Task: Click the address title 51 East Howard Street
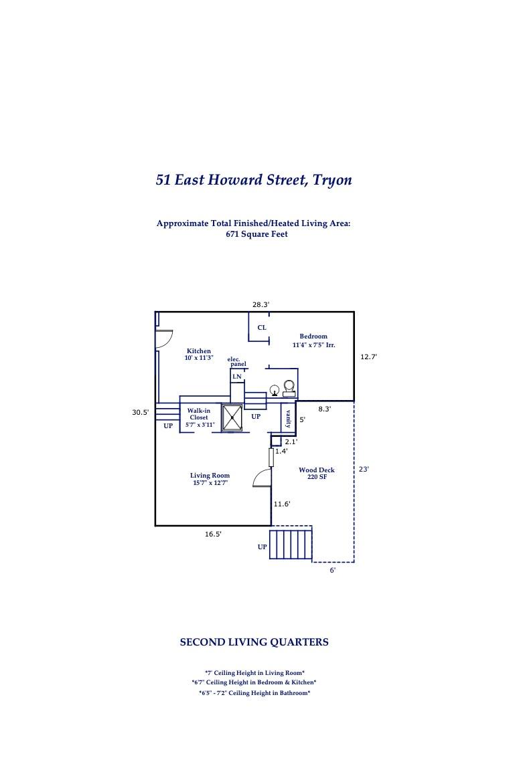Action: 253,180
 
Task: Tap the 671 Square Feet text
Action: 256,234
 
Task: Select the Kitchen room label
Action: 199,351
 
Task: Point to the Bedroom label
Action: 313,336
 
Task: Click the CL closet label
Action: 262,328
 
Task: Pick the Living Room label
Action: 210,476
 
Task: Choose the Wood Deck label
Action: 317,470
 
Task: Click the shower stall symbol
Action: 232,417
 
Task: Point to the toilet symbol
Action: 289,388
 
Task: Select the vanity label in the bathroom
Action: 288,419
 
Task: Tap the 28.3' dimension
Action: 260,304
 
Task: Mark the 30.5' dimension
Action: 141,413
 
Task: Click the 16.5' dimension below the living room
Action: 213,534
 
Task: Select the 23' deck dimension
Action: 364,470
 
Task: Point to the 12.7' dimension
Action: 368,357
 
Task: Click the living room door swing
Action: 263,478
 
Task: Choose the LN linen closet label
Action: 236,377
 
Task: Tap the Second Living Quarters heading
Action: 254,642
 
